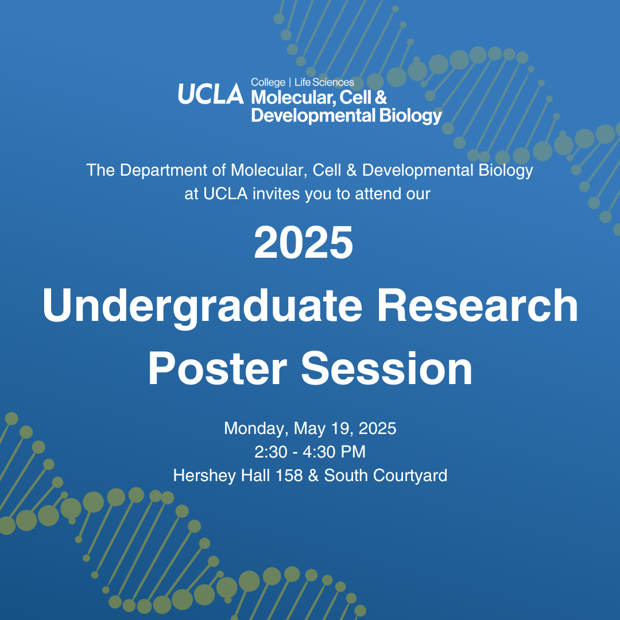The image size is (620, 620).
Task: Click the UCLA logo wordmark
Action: click(211, 94)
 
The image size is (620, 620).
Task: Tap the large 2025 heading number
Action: click(303, 242)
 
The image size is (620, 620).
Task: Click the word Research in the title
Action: click(478, 305)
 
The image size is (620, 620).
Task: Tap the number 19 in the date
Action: click(344, 429)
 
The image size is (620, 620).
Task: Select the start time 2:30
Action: click(271, 452)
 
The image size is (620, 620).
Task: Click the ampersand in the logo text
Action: click(381, 97)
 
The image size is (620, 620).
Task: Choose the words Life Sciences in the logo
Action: click(324, 82)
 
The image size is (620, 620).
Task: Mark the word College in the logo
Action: click(268, 83)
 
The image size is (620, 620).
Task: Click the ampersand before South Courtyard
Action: click(313, 476)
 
